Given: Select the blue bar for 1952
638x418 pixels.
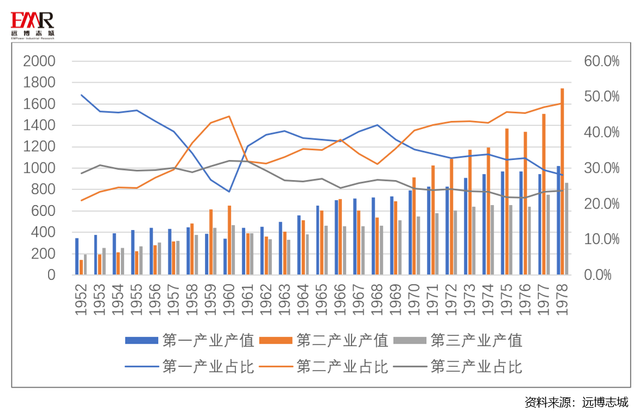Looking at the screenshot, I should coord(77,256).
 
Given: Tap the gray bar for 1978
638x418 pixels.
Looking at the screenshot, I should coord(567,229).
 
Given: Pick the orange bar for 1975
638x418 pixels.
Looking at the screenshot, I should coord(507,201).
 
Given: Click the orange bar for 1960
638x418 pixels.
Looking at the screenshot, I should coord(229,240).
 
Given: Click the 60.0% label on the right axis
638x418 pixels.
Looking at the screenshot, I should coord(602,61).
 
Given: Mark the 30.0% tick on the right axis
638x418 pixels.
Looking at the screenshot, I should coord(602,168).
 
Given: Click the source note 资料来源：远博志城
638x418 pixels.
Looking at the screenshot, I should coord(576,403).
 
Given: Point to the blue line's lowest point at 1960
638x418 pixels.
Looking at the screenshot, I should coord(229,192).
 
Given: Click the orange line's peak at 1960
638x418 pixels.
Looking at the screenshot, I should coord(229,116).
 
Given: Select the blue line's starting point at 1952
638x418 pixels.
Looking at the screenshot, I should coord(81,95).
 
